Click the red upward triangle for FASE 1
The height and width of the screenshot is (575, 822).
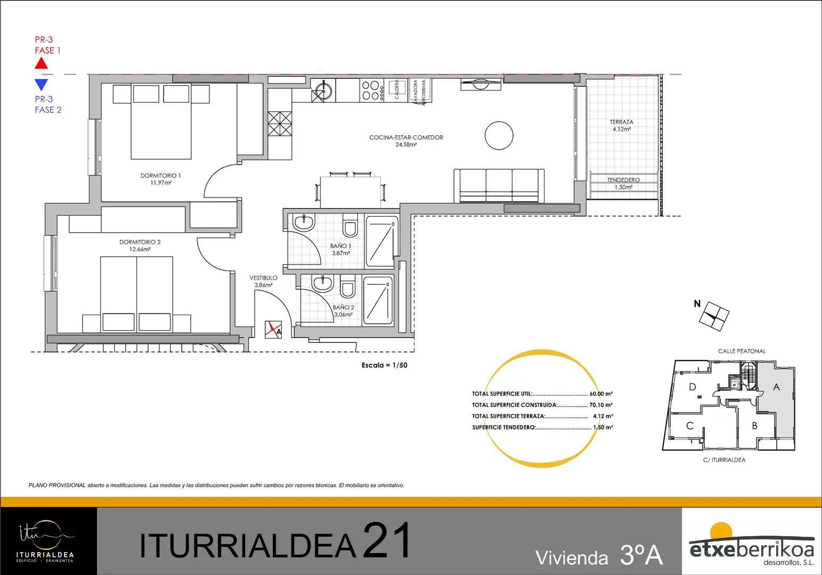point(41,64)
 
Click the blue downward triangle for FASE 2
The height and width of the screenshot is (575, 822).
point(41,85)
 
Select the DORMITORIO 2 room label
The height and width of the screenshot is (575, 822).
point(140,242)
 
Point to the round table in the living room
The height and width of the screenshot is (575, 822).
point(499,135)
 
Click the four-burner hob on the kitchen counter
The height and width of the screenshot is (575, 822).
point(372,90)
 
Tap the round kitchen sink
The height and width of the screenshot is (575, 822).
point(323,88)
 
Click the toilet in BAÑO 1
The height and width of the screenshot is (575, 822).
point(350,227)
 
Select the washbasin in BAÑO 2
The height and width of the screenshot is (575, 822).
point(322,284)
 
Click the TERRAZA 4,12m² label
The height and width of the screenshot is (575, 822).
point(622,126)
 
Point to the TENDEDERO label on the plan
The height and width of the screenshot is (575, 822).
point(623,180)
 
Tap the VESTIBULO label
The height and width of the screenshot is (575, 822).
point(264,278)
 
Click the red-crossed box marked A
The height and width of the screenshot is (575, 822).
point(273,330)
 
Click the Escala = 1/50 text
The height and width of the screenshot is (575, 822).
point(385,365)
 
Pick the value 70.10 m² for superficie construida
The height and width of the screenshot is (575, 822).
point(601,405)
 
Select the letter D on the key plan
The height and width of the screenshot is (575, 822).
point(693,387)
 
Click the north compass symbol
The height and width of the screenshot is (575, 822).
point(714,316)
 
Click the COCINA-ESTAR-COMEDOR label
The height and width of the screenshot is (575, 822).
point(406,137)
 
